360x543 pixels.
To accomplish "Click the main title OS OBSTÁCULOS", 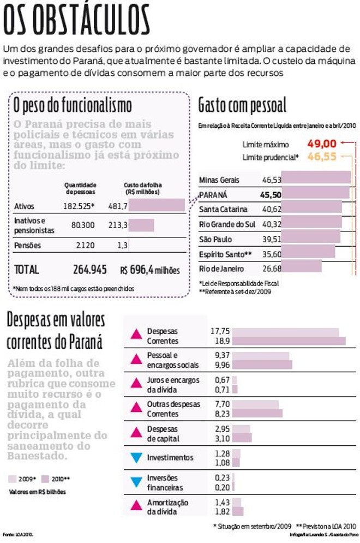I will [x=76, y=21].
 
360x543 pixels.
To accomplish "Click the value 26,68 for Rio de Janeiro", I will [x=272, y=268].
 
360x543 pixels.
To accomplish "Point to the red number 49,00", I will [x=321, y=144].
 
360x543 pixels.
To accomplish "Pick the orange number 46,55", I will [x=321, y=157].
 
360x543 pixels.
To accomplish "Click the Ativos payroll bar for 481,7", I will [x=157, y=206].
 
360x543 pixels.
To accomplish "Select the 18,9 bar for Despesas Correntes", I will [x=289, y=341].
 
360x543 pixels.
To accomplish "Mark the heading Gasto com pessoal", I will [x=242, y=104].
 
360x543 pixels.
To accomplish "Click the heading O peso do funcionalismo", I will [x=73, y=104].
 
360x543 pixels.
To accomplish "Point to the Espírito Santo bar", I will [x=308, y=253].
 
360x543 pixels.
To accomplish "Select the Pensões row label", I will [x=27, y=246].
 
